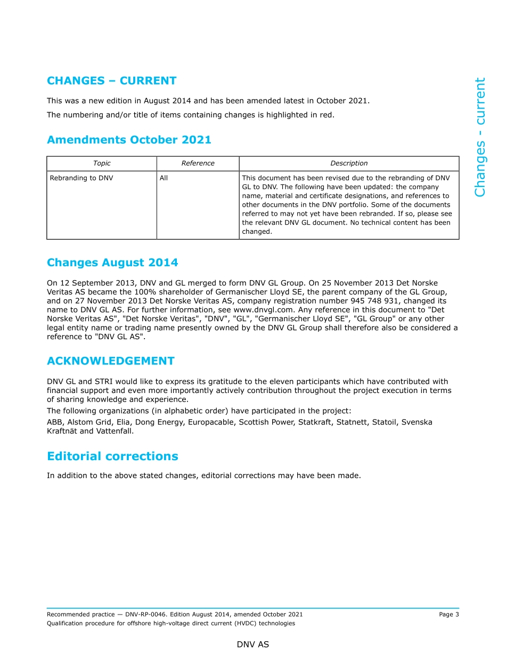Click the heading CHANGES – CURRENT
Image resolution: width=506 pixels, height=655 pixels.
111,81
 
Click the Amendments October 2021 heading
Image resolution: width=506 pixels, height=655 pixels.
129,140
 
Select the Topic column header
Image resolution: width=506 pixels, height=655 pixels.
102,163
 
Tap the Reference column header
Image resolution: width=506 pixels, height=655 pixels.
198,163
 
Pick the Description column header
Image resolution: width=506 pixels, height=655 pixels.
349,163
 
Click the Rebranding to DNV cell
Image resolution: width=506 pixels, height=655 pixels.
81,178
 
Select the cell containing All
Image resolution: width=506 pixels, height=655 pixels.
164,178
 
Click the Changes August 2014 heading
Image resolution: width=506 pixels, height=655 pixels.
112,263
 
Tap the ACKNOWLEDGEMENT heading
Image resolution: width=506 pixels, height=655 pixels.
110,361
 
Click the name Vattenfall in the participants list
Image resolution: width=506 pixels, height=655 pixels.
116,431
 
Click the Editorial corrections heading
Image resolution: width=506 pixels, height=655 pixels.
112,456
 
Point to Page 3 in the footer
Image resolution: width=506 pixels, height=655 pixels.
448,615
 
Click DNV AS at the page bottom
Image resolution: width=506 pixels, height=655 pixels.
253,644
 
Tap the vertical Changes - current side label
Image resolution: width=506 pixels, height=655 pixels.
480,137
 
